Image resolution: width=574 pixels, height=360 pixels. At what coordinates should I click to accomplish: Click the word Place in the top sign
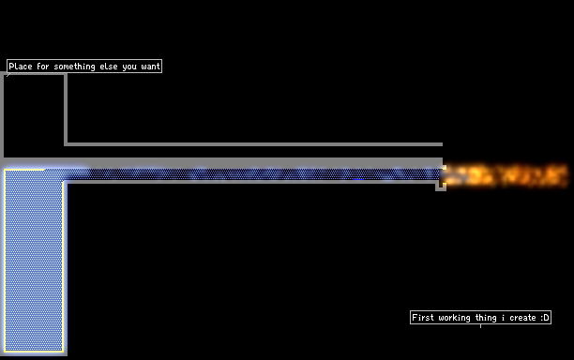tap(21, 67)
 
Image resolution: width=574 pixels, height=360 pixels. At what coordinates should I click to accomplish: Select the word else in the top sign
tap(109, 67)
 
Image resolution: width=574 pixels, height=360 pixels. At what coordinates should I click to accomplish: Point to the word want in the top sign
tap(150, 67)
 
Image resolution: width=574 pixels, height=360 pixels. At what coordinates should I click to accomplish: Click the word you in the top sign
tap(129, 67)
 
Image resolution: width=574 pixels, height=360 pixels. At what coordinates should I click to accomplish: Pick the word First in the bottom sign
tap(423, 317)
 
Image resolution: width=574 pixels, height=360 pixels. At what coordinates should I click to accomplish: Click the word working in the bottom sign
tap(454, 318)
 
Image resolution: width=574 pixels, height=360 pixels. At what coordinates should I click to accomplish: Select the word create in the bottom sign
tap(522, 318)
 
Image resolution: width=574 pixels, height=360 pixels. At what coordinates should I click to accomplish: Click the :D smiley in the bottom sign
tap(545, 317)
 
